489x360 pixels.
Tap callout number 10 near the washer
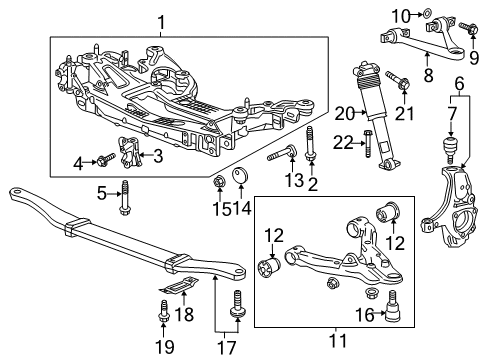point(403,14)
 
